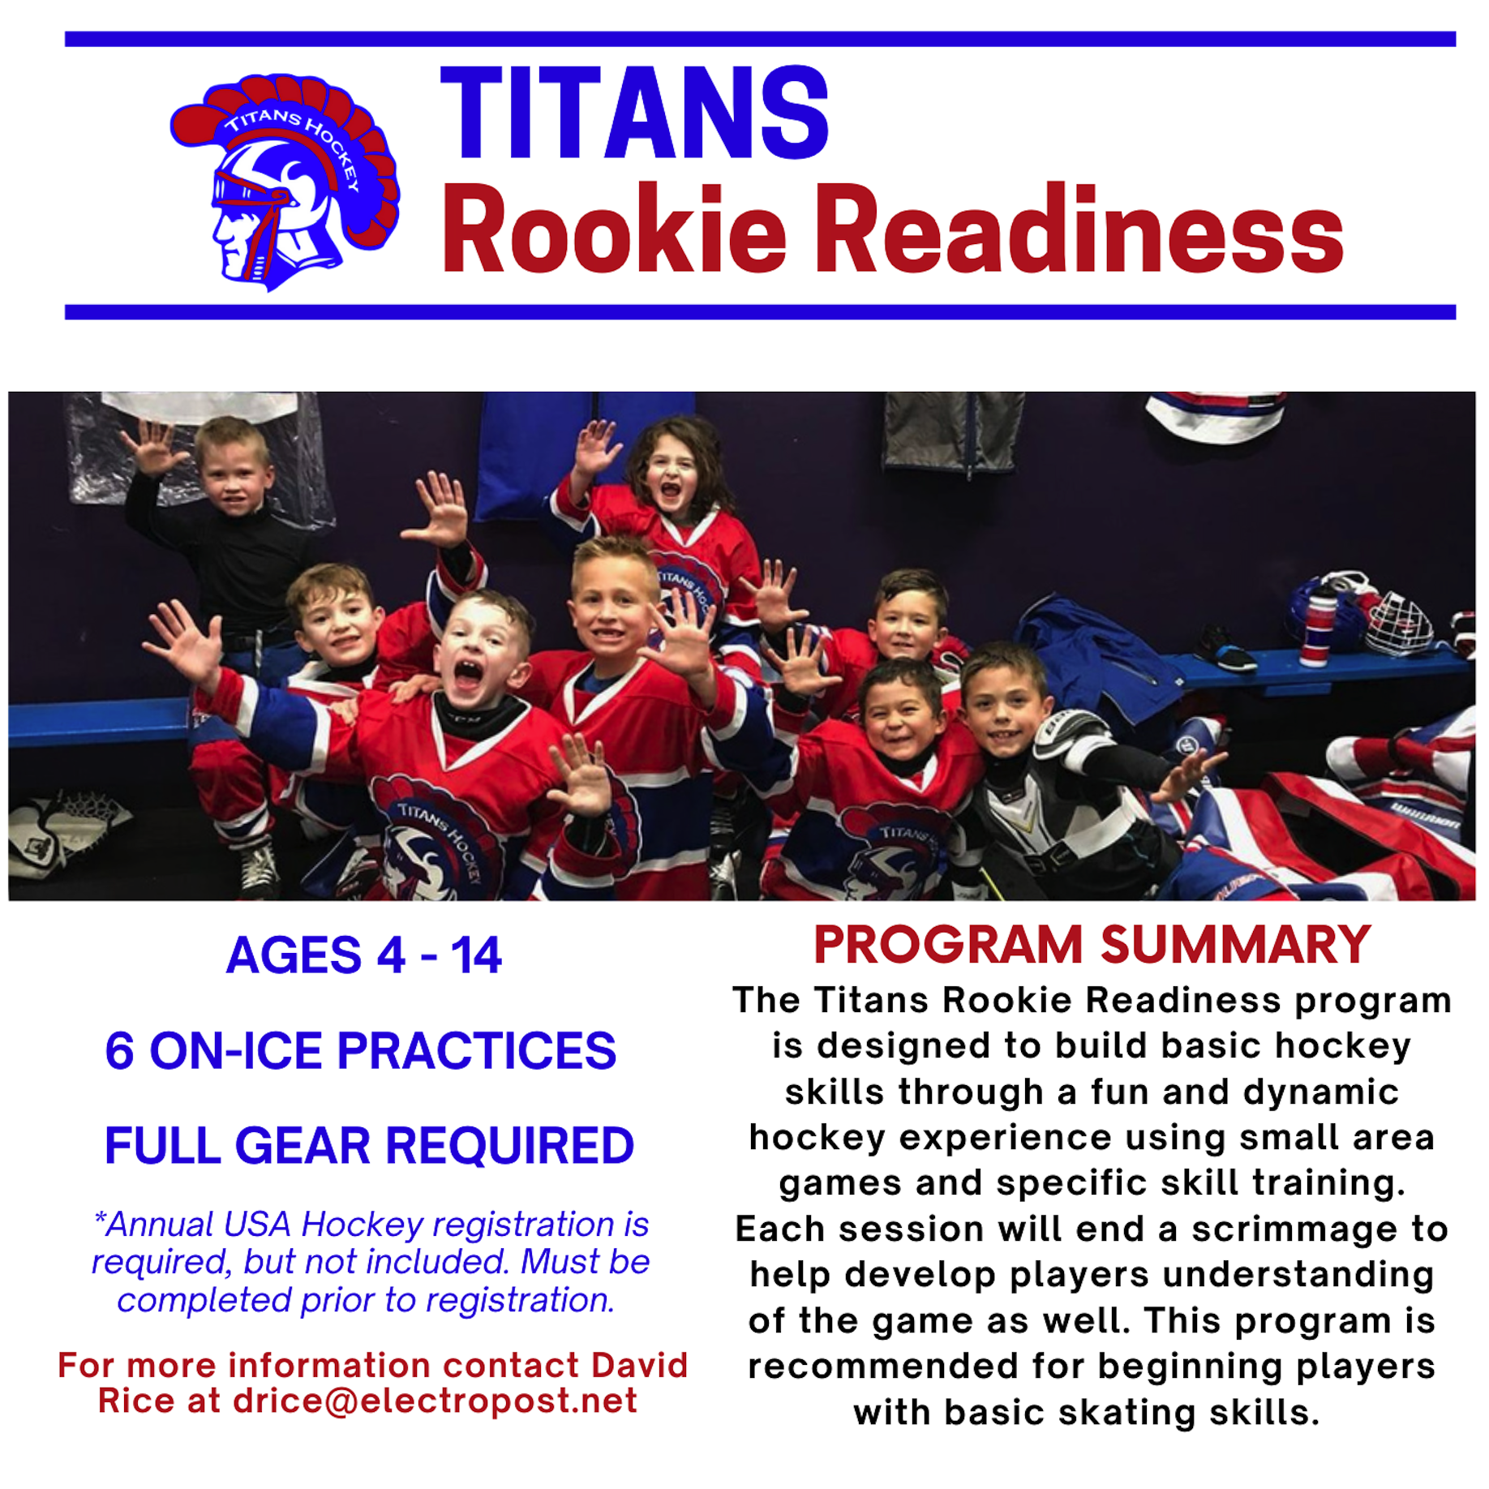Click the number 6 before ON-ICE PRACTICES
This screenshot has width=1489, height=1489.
[119, 1051]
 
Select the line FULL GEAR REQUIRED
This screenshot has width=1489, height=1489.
[369, 1145]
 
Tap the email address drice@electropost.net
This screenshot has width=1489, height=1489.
[435, 1401]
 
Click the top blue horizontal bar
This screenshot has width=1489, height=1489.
[760, 39]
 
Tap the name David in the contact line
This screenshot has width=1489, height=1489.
[639, 1366]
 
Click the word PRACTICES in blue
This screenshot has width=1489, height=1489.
[476, 1051]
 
